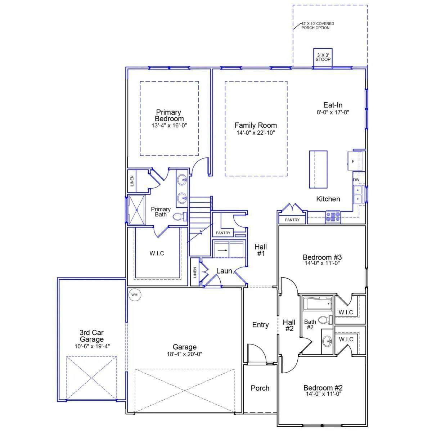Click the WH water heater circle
point(134,294)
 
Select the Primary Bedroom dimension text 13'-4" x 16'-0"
point(169,125)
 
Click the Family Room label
point(256,125)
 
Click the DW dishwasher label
point(356,180)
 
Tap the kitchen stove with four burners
point(333,217)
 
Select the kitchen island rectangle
point(318,170)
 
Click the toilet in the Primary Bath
point(180,216)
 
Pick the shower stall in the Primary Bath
point(136,210)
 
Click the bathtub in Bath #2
point(317,304)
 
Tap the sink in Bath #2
point(327,342)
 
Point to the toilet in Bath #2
point(325,319)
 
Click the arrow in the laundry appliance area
point(224,250)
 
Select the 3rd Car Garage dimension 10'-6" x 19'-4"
point(92,346)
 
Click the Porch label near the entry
point(260,388)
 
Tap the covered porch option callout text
point(318,26)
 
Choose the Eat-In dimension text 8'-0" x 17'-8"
point(333,112)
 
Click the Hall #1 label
point(261,250)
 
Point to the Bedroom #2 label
point(323,387)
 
